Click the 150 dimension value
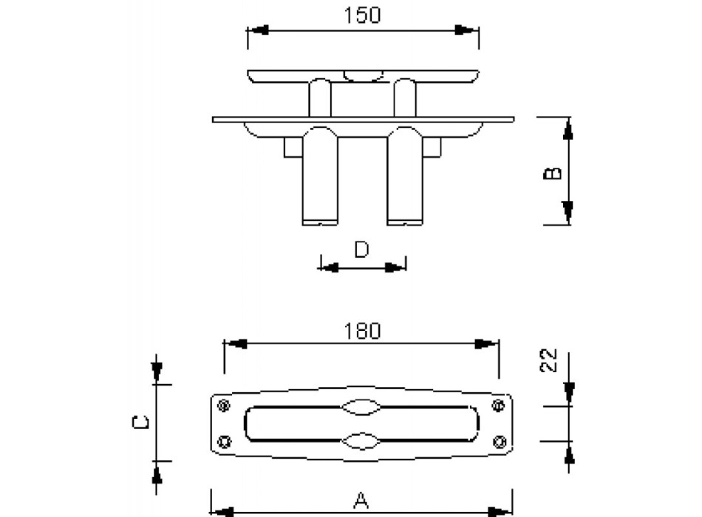pyautogui.click(x=363, y=15)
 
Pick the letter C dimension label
pyautogui.click(x=145, y=422)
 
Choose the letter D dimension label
pyautogui.click(x=361, y=250)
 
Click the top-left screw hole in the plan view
pyautogui.click(x=222, y=405)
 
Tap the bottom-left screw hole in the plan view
pyautogui.click(x=222, y=442)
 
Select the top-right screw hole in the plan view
pyautogui.click(x=499, y=405)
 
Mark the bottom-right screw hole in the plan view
pyautogui.click(x=499, y=442)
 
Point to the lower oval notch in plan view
pyautogui.click(x=361, y=440)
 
